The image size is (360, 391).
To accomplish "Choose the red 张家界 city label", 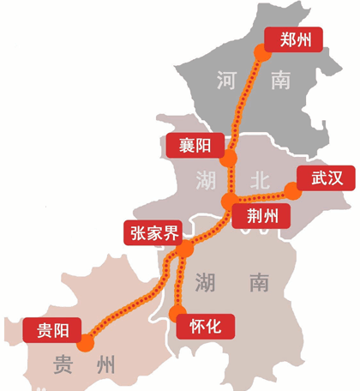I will tap(154, 232).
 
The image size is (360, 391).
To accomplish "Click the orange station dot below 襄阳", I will tap(229, 159).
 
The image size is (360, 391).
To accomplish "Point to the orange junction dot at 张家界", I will tap(186, 250).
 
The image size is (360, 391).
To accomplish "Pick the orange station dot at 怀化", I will tap(178, 314).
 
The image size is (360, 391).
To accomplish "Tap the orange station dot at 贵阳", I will tap(85, 344).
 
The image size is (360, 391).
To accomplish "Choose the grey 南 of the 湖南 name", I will tap(257, 282).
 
